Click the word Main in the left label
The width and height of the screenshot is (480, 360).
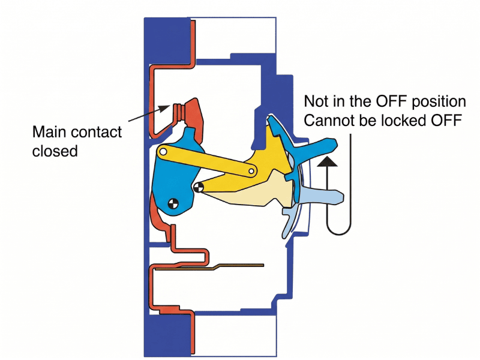tap(49, 132)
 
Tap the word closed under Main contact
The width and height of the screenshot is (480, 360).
tap(55, 151)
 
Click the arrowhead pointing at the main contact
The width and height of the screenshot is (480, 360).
tap(163, 109)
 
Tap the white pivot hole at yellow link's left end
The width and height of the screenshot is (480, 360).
tap(163, 153)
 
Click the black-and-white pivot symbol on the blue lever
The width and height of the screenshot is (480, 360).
tap(173, 203)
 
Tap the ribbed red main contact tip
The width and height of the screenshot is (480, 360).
tap(179, 112)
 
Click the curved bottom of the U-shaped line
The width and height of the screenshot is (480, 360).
tap(338, 232)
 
